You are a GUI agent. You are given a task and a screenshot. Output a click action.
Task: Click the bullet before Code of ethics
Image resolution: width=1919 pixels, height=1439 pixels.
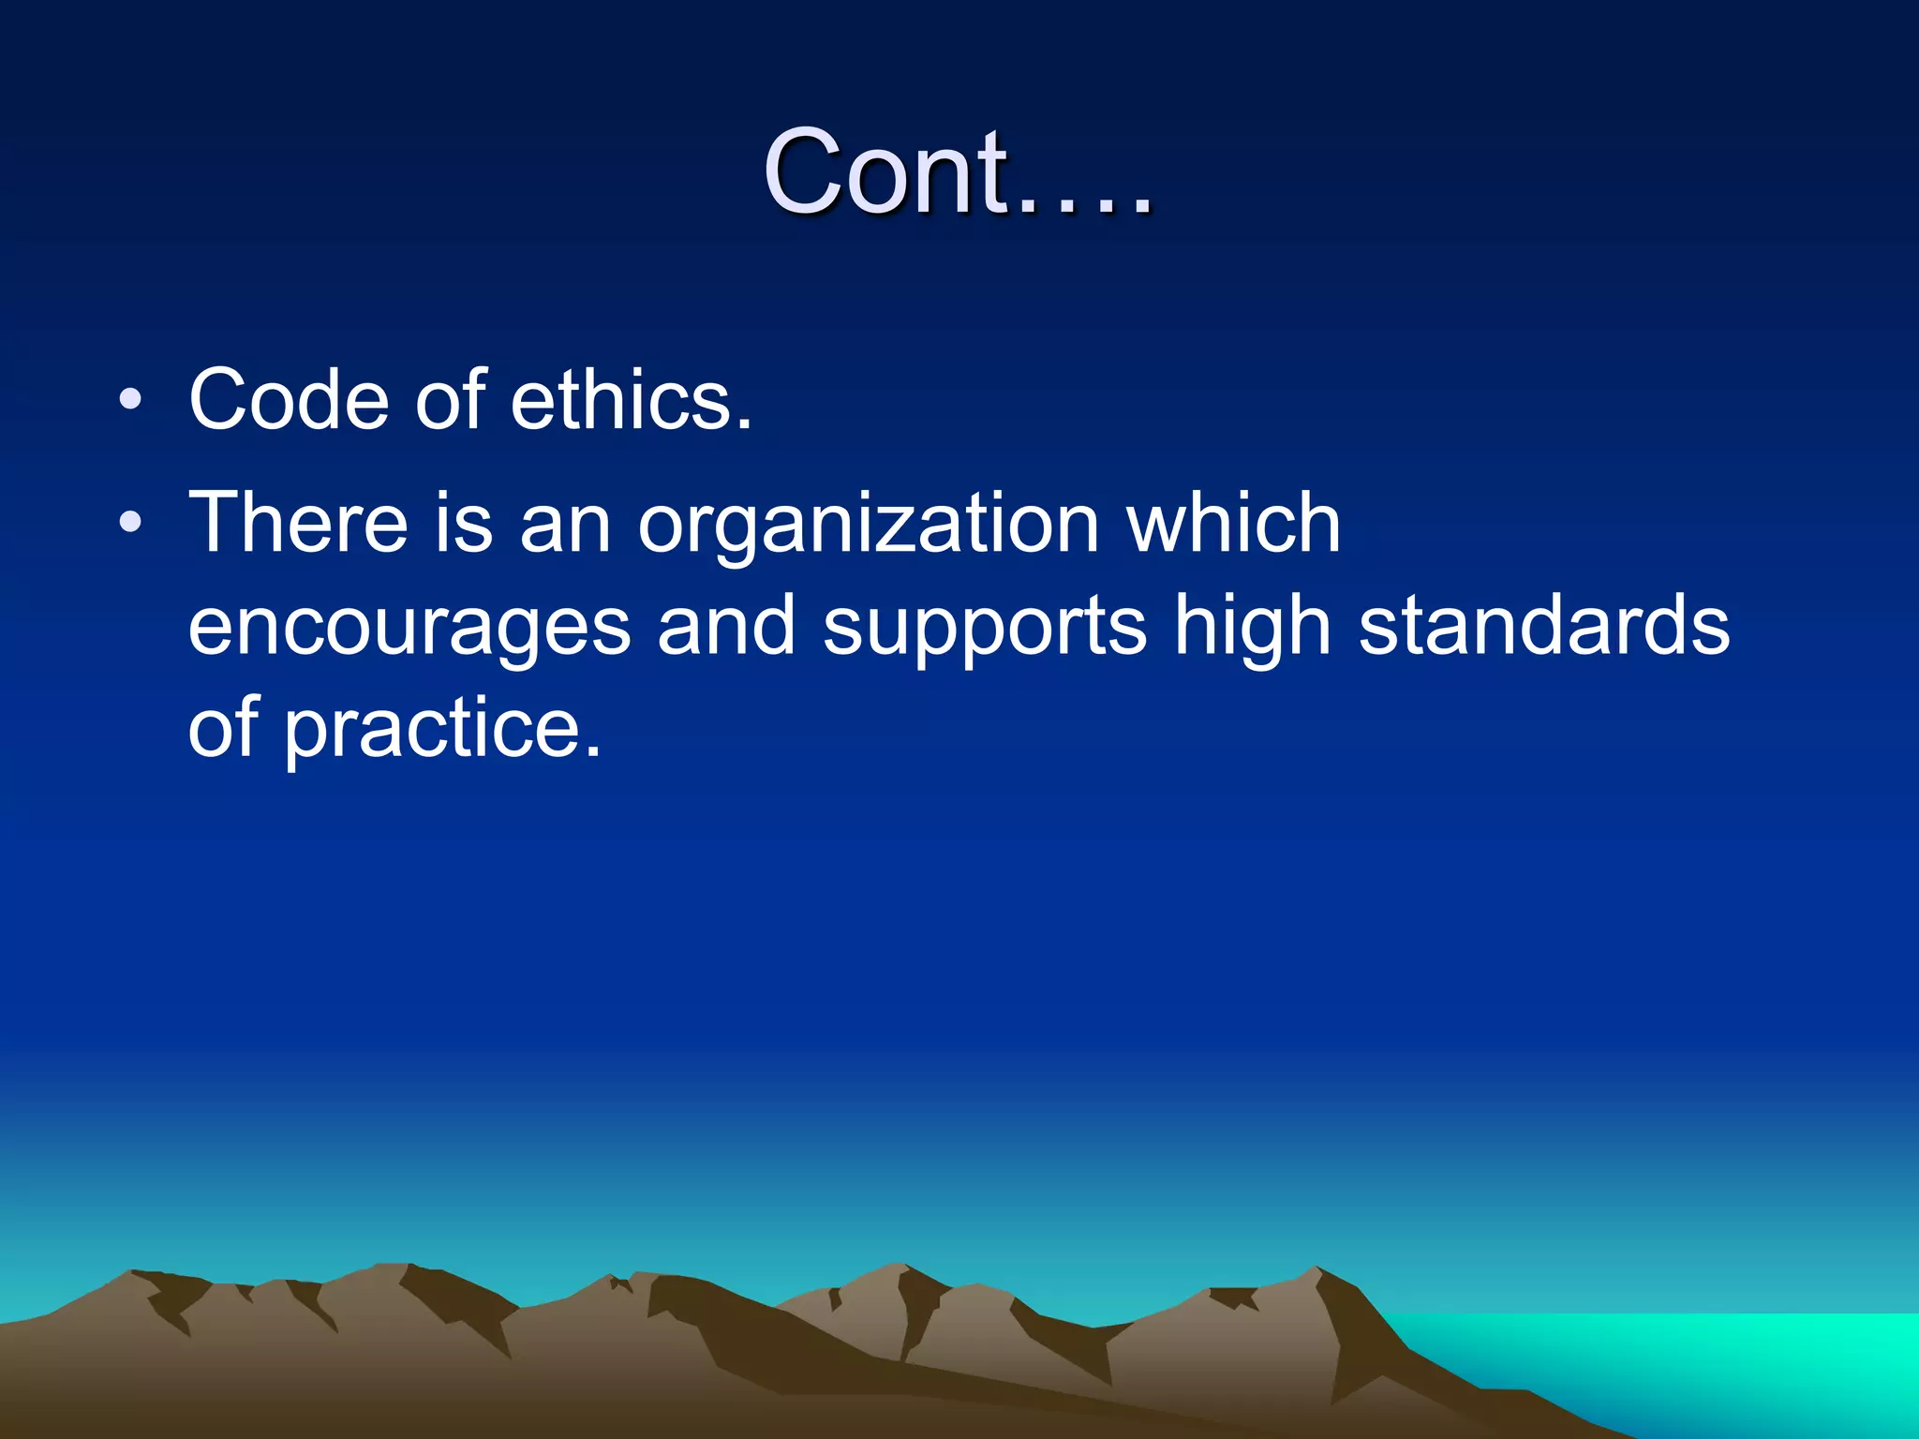click(131, 401)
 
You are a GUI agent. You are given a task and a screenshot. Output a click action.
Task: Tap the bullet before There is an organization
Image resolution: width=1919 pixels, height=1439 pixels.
click(131, 522)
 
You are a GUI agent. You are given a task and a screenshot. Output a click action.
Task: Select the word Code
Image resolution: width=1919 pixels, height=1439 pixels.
click(289, 400)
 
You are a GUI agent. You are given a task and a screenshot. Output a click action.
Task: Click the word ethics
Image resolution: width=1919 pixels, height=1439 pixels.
click(630, 400)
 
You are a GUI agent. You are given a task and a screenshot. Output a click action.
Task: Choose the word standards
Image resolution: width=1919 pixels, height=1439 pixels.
click(1543, 625)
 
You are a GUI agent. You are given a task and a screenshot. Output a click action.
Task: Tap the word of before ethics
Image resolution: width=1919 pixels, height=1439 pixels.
click(450, 400)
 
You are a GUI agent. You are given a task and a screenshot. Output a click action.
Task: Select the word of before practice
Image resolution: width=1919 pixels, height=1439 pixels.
click(222, 727)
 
